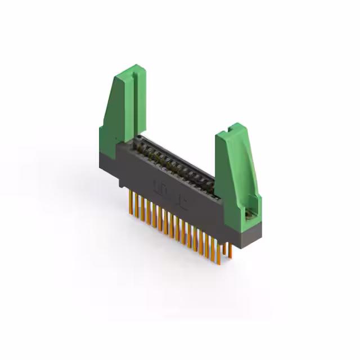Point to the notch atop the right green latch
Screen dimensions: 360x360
point(232,128)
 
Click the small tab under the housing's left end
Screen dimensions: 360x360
point(121,183)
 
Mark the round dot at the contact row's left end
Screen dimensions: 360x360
point(139,137)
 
